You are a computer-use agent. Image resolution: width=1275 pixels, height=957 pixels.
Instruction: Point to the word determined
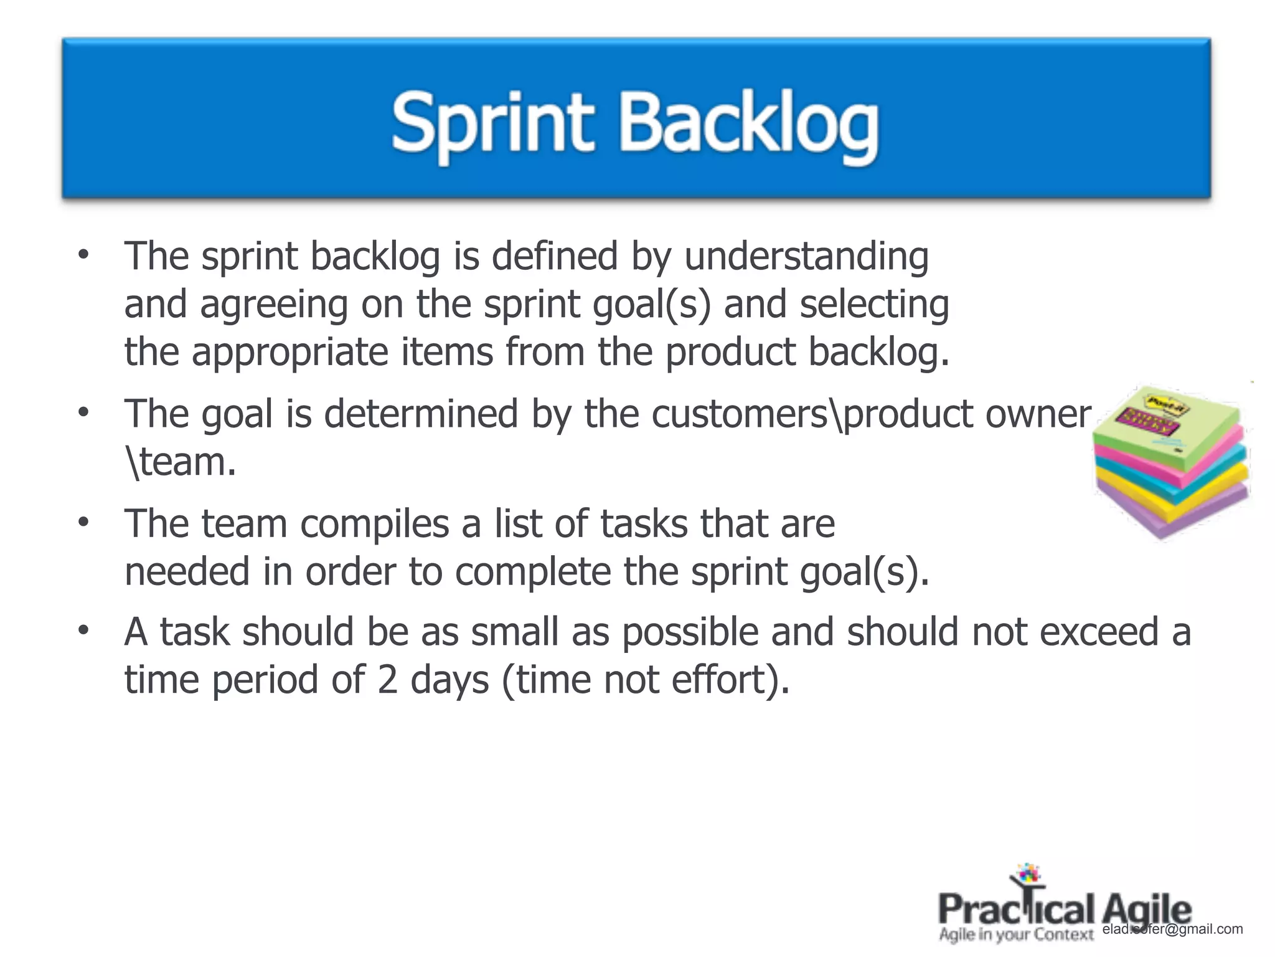pos(421,414)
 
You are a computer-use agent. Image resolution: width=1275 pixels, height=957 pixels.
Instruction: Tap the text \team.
pos(181,462)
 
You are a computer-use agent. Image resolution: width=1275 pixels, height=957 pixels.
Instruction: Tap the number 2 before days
pos(387,680)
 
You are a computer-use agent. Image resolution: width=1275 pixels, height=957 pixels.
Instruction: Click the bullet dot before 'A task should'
pos(83,631)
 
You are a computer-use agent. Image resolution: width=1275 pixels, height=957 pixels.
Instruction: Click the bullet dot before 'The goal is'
pos(83,413)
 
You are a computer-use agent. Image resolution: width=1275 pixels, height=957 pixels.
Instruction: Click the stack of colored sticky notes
pos(1171,462)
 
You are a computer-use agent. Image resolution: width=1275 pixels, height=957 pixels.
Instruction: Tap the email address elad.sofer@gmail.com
pos(1172,930)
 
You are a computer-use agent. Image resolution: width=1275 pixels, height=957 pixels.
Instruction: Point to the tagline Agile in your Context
pos(1016,935)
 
